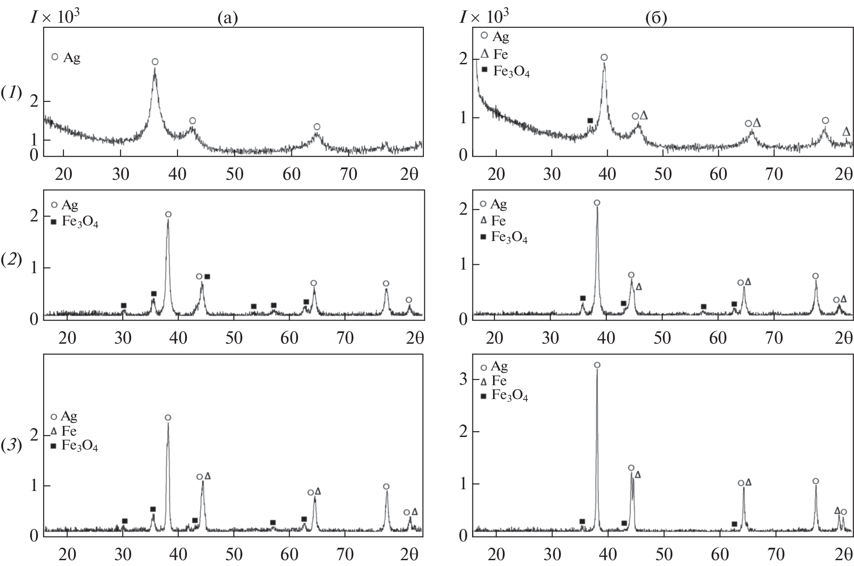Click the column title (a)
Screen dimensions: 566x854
[x=228, y=18]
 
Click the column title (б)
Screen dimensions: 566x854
[x=656, y=18]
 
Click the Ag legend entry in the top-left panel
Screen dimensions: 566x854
[x=67, y=58]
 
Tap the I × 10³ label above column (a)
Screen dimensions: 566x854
[x=54, y=17]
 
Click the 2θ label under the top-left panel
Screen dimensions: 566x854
[x=409, y=174]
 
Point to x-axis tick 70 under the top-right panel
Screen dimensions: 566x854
[x=774, y=174]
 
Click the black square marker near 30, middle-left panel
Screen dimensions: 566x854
[x=124, y=306]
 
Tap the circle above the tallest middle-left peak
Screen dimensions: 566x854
[x=168, y=214]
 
